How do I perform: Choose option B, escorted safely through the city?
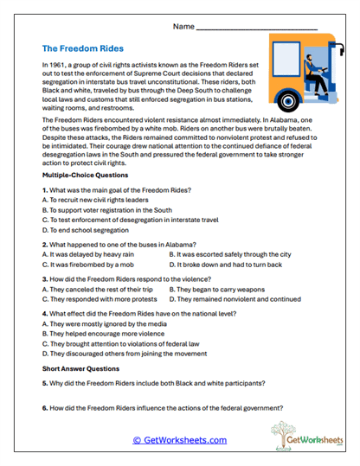[x=229, y=279]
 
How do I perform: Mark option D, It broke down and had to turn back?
[x=228, y=290]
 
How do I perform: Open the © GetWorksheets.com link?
[x=179, y=439]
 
